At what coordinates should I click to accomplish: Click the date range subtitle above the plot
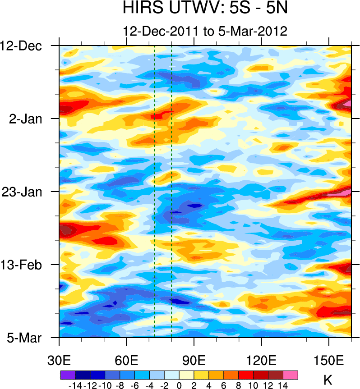click(x=205, y=31)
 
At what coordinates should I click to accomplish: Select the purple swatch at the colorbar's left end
click(x=67, y=375)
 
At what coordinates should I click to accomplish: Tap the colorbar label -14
click(x=74, y=385)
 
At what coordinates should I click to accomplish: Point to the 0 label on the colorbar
click(x=179, y=385)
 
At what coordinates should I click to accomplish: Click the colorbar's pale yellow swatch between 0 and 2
click(x=186, y=375)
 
